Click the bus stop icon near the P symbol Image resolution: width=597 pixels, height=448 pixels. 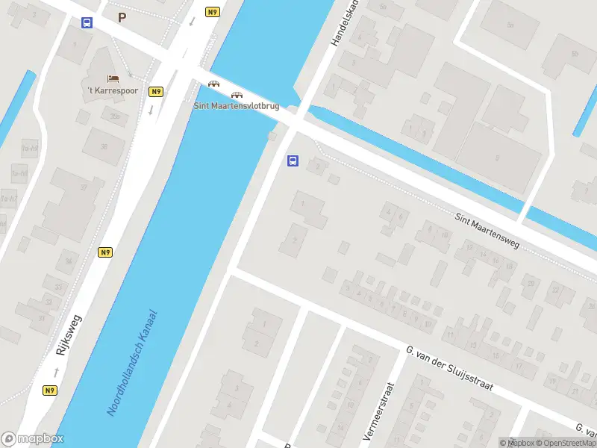coord(87,22)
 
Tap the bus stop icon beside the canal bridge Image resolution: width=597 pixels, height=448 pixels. coord(293,161)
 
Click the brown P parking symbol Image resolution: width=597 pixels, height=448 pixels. coord(122,16)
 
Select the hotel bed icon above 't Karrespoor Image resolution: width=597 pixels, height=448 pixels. coord(113,78)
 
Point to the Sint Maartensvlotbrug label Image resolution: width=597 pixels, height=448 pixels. coord(237,106)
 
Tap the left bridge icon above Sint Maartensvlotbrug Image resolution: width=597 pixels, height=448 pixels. coord(214,84)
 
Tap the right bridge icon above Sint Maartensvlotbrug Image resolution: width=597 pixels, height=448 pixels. coord(237,95)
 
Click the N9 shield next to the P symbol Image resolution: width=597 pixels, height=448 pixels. coord(213,12)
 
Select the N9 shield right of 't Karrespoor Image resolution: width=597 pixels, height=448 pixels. coord(156,92)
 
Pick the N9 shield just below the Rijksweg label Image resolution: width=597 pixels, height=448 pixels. coord(50,390)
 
